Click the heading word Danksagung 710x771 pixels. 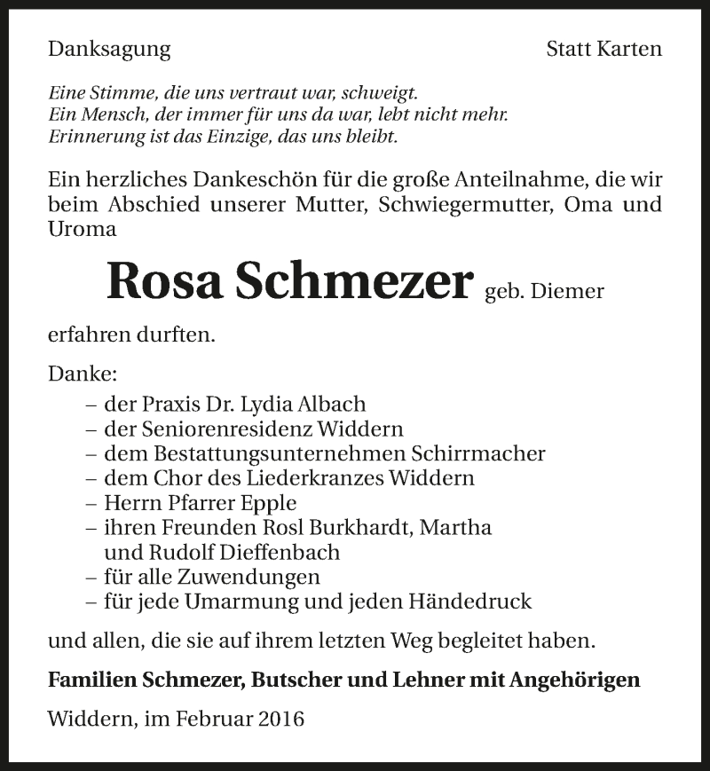109,50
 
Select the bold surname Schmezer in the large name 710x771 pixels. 353,281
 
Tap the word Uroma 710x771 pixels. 83,229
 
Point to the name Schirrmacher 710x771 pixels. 478,453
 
